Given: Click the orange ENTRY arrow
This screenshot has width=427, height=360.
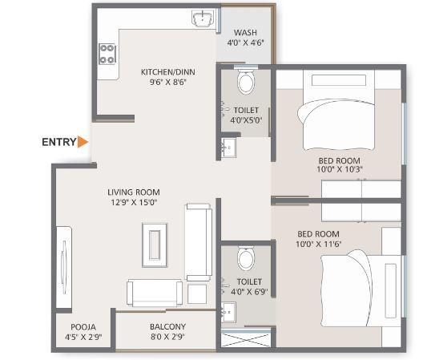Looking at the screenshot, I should [83, 142].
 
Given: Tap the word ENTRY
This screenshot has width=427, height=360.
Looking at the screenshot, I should [58, 142].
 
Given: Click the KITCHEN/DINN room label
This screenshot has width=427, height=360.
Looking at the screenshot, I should [167, 72].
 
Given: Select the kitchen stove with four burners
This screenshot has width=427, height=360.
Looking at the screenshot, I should [107, 54].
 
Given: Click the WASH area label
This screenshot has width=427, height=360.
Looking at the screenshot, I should [244, 33].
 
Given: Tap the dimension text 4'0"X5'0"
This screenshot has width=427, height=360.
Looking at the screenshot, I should [246, 120].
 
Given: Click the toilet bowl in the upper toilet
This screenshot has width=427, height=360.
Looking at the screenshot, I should [245, 83].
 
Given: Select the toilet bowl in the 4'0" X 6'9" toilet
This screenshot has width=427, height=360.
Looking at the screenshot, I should [245, 259].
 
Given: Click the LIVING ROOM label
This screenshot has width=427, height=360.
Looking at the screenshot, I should [134, 192].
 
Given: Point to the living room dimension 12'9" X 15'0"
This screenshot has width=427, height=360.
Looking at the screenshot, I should [134, 203].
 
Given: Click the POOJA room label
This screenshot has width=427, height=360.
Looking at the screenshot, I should [83, 327].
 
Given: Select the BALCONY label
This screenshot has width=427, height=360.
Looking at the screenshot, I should [167, 327].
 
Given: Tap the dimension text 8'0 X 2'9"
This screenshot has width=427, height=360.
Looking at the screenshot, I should [167, 338].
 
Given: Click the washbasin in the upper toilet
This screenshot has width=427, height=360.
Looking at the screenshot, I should [227, 147].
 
